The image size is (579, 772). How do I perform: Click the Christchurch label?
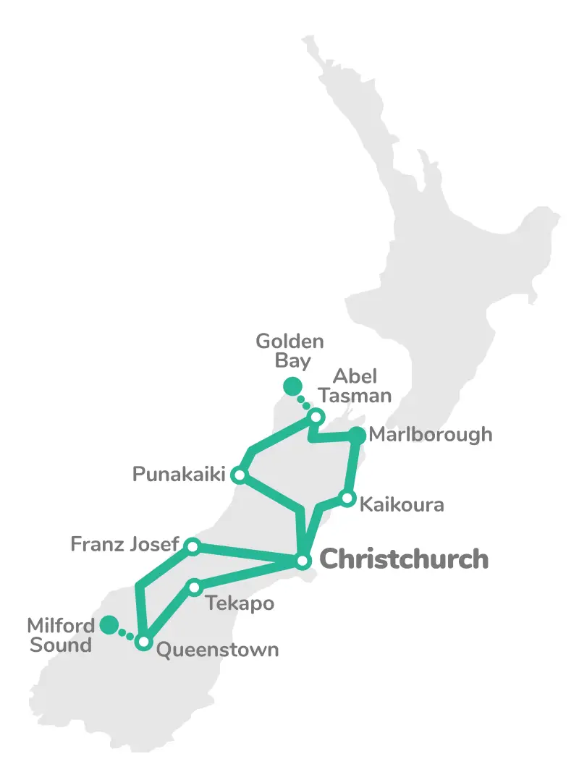[x=404, y=559]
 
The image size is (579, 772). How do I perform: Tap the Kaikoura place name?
[x=402, y=504]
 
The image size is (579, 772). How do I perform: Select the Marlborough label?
[x=430, y=435]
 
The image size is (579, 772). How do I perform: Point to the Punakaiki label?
[x=179, y=475]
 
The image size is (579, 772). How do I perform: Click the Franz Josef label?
[x=124, y=543]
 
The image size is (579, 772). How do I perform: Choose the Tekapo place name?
[x=240, y=603]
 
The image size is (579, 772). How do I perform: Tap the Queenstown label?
[x=217, y=649]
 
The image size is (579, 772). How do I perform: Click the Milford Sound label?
[x=61, y=635]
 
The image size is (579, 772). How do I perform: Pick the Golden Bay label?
[x=289, y=350]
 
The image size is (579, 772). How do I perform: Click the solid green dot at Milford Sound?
[x=109, y=624]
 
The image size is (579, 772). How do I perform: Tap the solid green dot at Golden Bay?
[x=292, y=386]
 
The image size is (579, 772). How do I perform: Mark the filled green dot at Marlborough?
[x=357, y=435]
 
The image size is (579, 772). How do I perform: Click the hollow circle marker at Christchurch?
[x=303, y=561]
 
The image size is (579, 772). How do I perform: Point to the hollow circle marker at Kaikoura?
[x=347, y=499]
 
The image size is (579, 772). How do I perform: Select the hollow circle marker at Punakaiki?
[x=239, y=475]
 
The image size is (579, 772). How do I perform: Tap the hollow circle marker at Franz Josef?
[x=192, y=546]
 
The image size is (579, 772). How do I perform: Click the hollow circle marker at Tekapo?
[x=194, y=588]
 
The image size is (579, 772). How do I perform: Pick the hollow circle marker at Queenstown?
[x=144, y=642]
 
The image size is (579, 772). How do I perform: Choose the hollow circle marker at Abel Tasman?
[x=316, y=417]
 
